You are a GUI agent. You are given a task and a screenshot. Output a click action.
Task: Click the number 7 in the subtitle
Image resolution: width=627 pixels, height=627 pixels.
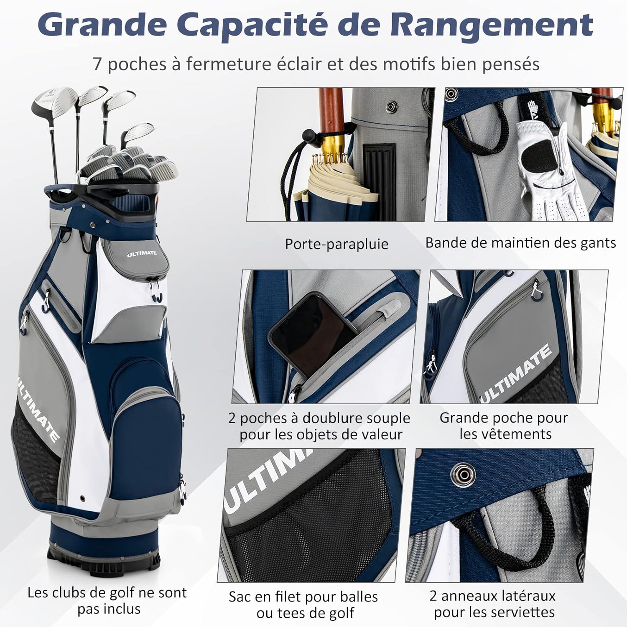tap(97, 64)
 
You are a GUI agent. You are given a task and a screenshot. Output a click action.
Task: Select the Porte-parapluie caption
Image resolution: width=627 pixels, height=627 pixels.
tap(336, 244)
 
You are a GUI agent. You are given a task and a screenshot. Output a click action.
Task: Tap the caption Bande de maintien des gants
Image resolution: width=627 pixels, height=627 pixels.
tap(520, 242)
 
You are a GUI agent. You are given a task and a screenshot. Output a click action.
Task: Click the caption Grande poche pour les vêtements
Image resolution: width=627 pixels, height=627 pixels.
tap(504, 426)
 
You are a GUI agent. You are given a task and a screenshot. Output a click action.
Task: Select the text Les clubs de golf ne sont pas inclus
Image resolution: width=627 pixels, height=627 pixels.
tap(107, 601)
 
